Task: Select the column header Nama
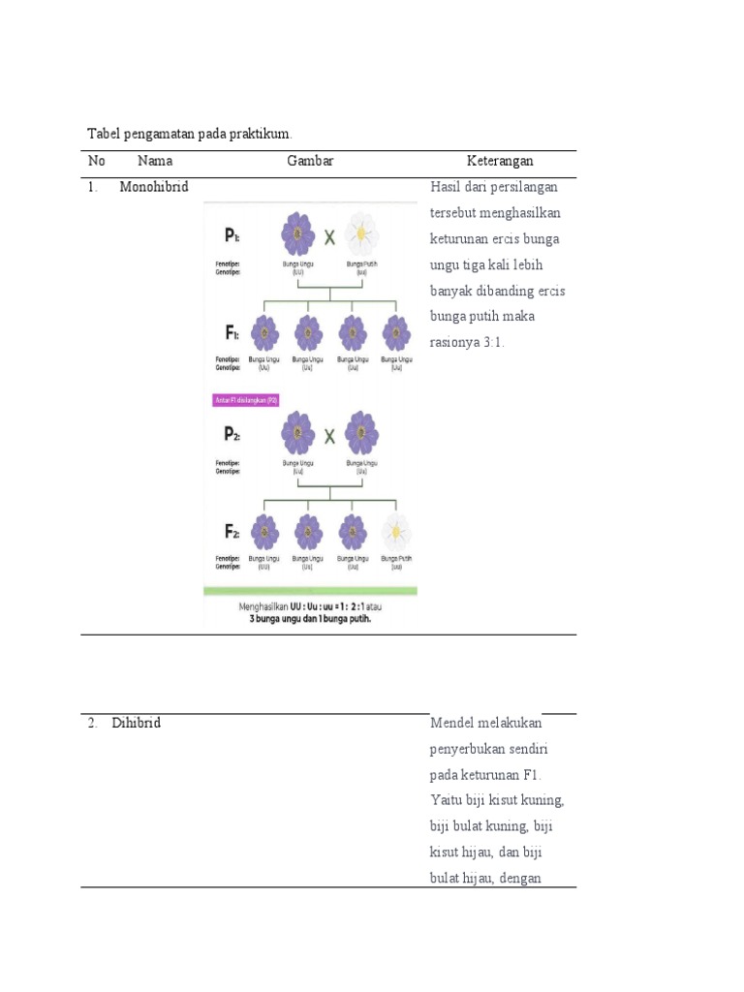155,161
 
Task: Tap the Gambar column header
310,161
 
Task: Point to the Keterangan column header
500,161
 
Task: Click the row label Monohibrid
154,187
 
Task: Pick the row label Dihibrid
137,723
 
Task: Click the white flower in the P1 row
361,234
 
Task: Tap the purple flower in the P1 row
298,234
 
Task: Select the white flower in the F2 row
395,532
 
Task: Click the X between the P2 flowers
329,436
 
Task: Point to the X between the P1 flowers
329,235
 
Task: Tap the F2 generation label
232,532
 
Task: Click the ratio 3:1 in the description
493,342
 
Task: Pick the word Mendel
459,723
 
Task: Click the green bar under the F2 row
310,590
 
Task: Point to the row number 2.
91,723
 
